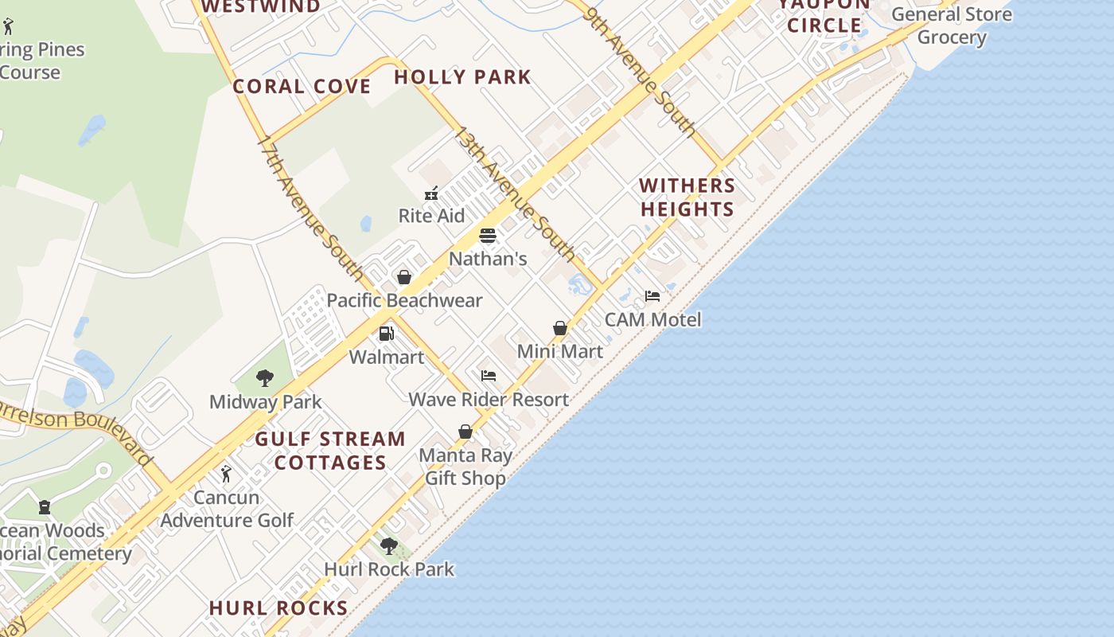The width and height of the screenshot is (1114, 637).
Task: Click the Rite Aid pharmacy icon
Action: coord(431,193)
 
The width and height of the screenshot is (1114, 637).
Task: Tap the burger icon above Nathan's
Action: coord(488,236)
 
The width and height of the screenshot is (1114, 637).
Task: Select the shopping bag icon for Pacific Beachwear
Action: coord(404,277)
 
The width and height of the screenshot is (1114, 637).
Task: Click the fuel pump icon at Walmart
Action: coord(387,334)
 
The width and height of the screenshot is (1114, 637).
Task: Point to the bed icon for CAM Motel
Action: coord(652,296)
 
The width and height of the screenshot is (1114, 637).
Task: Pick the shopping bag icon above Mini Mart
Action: coord(560,328)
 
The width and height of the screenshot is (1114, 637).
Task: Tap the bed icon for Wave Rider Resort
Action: coord(489,376)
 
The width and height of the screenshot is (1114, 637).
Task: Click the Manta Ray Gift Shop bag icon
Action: coord(465,432)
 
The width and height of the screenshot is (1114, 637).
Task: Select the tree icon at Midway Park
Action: coord(265,378)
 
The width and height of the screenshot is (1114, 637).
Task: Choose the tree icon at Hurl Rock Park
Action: coord(389,545)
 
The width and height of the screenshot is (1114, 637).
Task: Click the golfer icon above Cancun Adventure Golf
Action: coord(227,474)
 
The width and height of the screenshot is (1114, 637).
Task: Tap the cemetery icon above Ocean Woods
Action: coord(45,507)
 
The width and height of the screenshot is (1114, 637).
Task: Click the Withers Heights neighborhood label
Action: coord(687,197)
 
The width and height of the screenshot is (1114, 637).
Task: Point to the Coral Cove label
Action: coord(302,86)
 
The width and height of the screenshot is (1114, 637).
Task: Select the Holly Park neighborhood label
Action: coord(462,77)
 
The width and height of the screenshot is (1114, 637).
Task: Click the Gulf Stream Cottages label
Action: coord(330,451)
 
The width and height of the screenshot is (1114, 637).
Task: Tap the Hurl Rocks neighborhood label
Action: coord(278,608)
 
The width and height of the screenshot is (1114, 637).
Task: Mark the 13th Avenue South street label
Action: coord(514,193)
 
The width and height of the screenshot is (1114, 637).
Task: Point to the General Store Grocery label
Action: coord(952,25)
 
